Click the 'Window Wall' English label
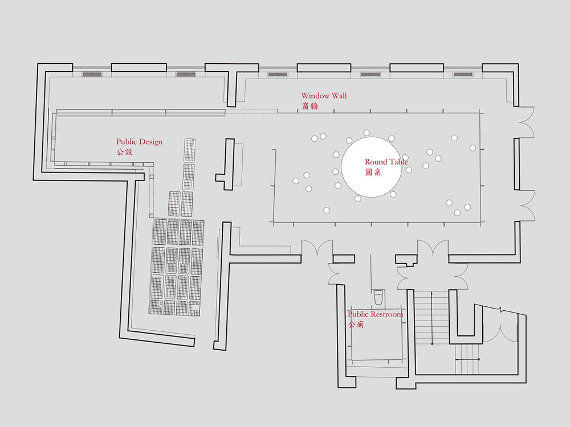[x=324, y=96]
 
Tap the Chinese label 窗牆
[x=310, y=105]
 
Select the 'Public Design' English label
[x=139, y=142]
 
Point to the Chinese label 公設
[x=124, y=152]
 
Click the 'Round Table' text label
[x=386, y=162]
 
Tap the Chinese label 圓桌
[x=373, y=172]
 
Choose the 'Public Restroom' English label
[x=375, y=314]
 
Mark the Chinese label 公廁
[x=356, y=325]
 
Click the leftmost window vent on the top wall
[x=92, y=74]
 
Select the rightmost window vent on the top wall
[x=462, y=74]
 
